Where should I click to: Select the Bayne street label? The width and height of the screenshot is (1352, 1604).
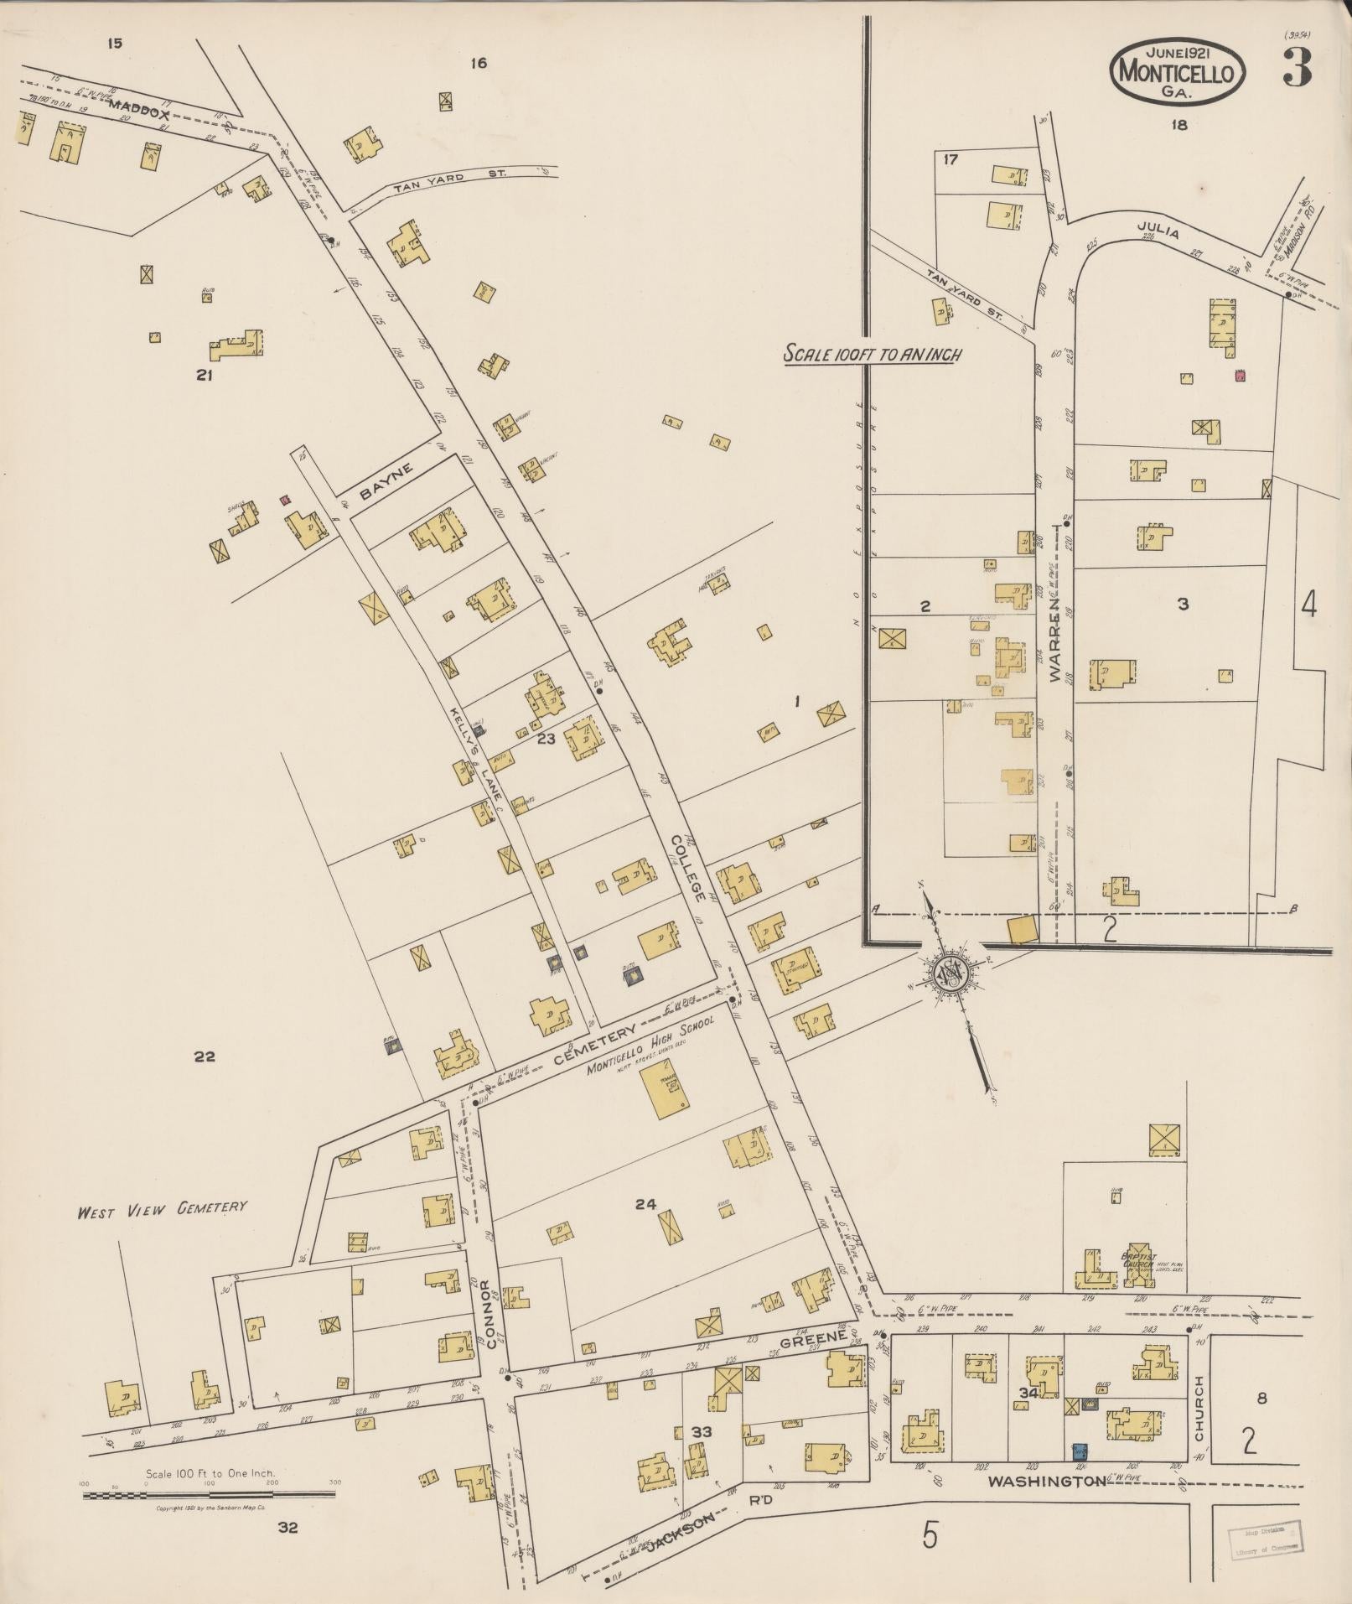(387, 483)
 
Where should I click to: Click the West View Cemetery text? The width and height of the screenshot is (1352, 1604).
(162, 1208)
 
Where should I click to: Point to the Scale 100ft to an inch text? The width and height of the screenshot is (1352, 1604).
(872, 355)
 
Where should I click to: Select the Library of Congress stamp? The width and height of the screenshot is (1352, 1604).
(1267, 1539)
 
